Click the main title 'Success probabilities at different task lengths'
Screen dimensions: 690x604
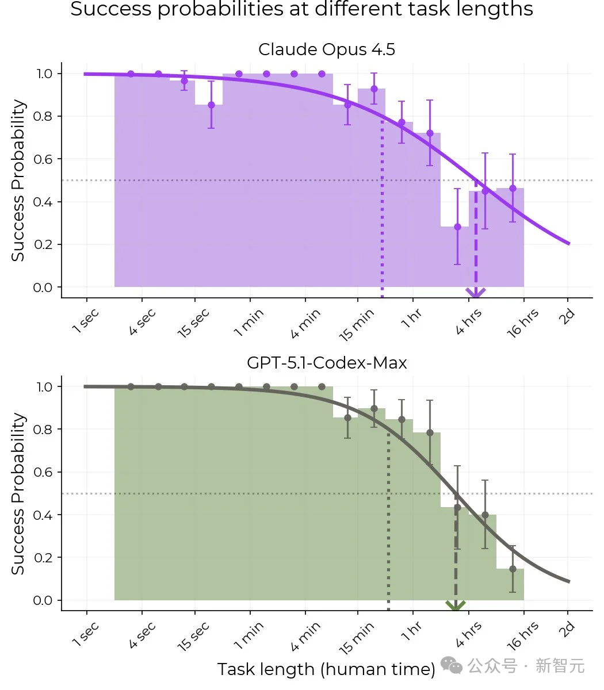click(x=301, y=9)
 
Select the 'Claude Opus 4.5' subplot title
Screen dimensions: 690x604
click(x=326, y=49)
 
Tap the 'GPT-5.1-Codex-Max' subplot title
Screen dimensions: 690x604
click(x=326, y=363)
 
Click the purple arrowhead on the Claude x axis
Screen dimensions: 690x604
click(x=476, y=293)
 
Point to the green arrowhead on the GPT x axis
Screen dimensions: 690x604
click(x=456, y=605)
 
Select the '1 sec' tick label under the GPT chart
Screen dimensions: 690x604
click(x=86, y=634)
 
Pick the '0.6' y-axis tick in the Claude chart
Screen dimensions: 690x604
click(x=44, y=159)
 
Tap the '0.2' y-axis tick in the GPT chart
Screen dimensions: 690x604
click(x=44, y=558)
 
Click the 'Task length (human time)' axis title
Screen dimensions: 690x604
click(x=326, y=669)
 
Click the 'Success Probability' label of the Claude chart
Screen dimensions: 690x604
click(x=18, y=181)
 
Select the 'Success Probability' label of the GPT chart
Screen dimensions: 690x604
click(x=18, y=493)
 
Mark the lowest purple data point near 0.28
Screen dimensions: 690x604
click(x=457, y=227)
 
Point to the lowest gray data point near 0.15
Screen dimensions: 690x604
click(x=513, y=569)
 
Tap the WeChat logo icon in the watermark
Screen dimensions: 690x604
click(x=452, y=666)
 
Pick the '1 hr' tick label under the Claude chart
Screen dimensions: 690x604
click(x=411, y=319)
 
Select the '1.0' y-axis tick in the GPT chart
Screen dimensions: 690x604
click(x=44, y=387)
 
